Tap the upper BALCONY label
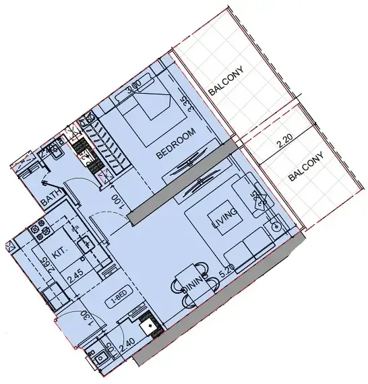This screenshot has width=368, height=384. pyautogui.click(x=225, y=83)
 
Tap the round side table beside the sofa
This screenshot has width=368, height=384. pyautogui.click(x=276, y=226)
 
